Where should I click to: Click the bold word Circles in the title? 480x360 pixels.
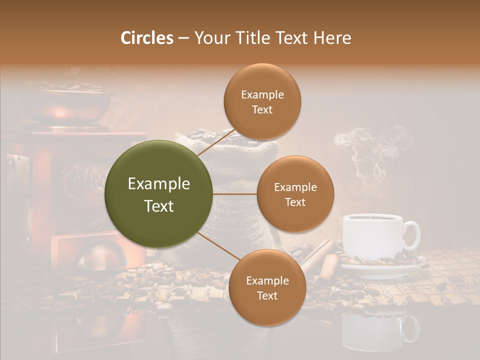tap(146, 38)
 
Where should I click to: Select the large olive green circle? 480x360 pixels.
tap(158, 194)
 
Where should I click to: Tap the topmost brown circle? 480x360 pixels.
tap(262, 101)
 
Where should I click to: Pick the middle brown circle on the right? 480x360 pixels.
tap(295, 194)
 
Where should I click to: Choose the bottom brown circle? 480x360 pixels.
tap(267, 287)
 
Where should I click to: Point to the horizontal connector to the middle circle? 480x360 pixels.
tap(235, 194)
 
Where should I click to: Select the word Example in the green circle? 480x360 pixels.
tap(158, 184)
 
